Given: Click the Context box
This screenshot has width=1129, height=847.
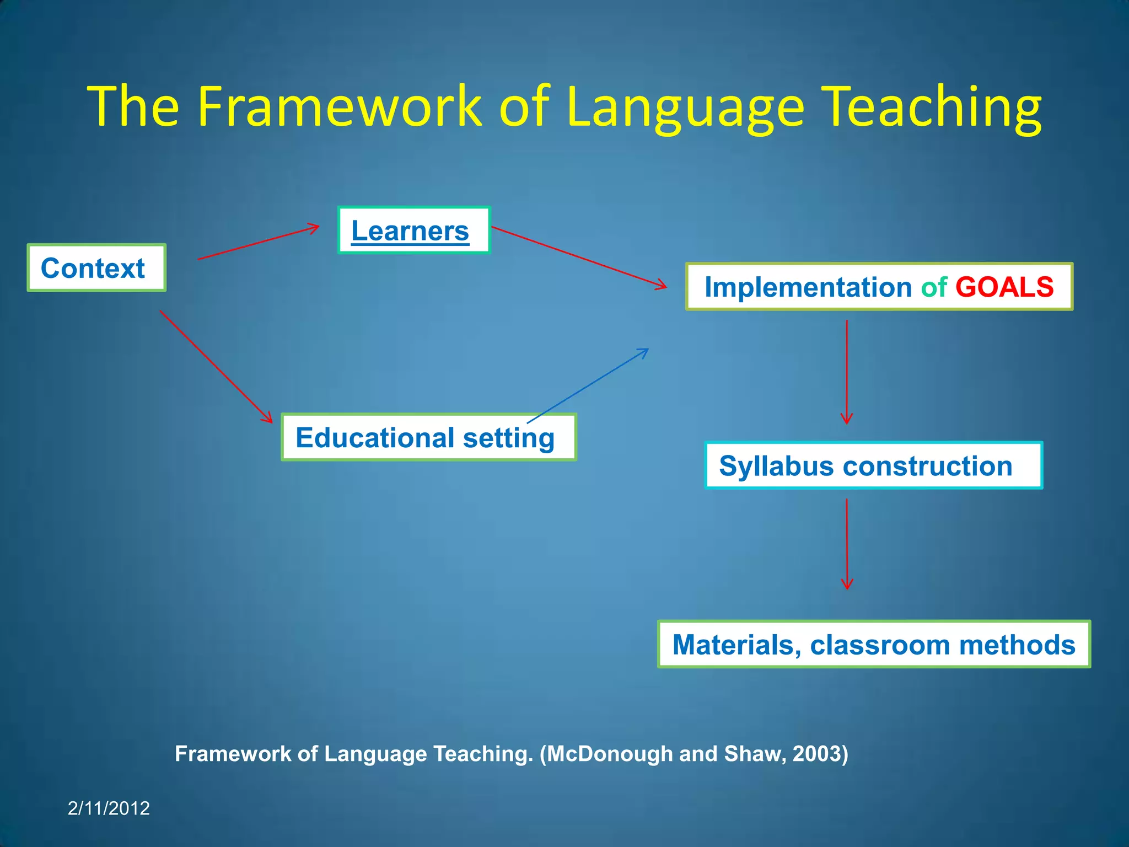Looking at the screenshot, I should pyautogui.click(x=96, y=268).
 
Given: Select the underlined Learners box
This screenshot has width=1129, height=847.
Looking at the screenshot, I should pyautogui.click(x=413, y=230).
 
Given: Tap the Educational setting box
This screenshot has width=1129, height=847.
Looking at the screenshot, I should pyautogui.click(x=428, y=437).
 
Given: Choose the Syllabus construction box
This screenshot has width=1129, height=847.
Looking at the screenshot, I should pyautogui.click(x=873, y=465).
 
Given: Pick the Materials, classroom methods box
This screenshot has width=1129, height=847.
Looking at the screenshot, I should pyautogui.click(x=874, y=644).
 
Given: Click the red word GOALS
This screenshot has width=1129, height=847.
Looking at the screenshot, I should pyautogui.click(x=1004, y=287).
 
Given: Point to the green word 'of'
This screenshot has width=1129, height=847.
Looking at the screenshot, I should pyautogui.click(x=934, y=287).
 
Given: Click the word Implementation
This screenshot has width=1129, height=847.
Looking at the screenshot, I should pyautogui.click(x=808, y=287).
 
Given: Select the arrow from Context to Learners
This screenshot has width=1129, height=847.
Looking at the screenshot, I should pyautogui.click(x=258, y=242).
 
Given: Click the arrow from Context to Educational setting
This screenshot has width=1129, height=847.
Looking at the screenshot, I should pyautogui.click(x=216, y=367).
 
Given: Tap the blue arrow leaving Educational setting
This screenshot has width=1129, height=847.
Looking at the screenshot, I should pyautogui.click(x=588, y=386).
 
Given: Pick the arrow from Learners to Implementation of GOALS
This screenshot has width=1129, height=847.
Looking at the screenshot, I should pyautogui.click(x=579, y=257).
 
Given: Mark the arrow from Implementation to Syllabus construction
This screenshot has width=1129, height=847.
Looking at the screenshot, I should pyautogui.click(x=847, y=372).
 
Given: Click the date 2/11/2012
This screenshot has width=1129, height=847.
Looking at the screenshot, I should pyautogui.click(x=109, y=808).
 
